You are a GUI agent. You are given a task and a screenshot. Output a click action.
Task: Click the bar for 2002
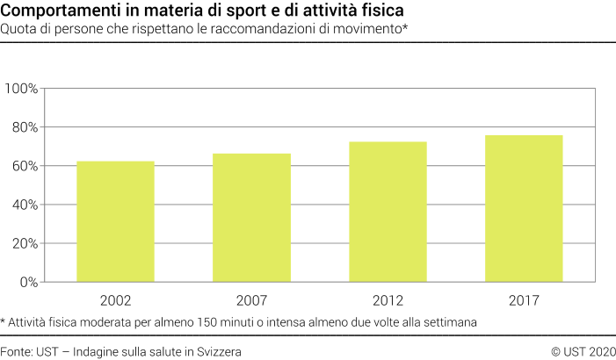pos(115,221)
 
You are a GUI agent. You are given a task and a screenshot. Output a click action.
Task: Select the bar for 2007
pos(252,218)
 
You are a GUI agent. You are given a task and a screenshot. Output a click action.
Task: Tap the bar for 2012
pos(388,212)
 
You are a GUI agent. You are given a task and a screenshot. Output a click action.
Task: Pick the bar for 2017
pos(524,208)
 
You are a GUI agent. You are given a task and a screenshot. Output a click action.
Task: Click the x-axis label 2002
pos(115,300)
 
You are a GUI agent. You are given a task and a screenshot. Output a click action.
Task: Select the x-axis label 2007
pos(252,300)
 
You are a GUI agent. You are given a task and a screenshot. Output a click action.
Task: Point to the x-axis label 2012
pos(388,300)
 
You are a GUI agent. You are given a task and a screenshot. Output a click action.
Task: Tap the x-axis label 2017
pos(524,300)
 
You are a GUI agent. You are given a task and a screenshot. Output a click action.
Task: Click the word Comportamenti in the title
pos(53,11)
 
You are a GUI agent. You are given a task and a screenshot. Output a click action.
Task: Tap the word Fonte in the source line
pos(17,350)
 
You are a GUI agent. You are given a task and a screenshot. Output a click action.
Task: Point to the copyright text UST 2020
pos(586,350)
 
